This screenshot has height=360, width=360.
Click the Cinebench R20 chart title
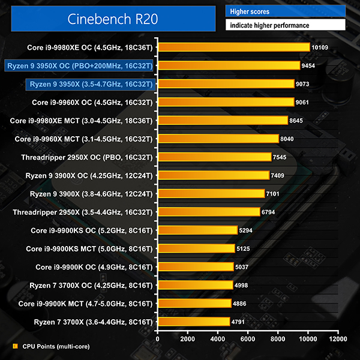click(113, 19)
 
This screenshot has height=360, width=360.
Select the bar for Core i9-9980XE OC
click(233, 47)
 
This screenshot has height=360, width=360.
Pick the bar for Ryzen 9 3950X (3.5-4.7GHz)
click(226, 83)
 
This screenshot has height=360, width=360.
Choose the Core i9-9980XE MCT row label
click(82, 120)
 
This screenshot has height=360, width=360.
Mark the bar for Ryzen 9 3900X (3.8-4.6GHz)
click(211, 193)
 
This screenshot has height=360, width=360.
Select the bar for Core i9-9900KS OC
click(197, 230)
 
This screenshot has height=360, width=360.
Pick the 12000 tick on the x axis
click(338, 338)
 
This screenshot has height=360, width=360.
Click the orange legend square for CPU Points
click(15, 346)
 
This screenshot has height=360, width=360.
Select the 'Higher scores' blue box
click(285, 11)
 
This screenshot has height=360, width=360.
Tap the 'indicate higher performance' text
click(268, 26)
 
